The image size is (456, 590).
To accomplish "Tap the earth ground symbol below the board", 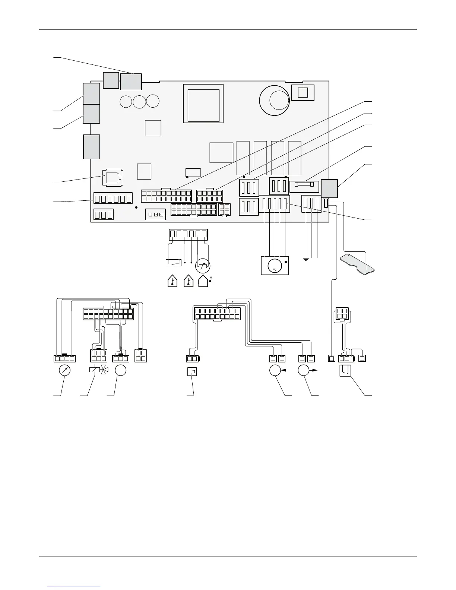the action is point(306,258).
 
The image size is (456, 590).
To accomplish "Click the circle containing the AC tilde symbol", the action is point(275,267).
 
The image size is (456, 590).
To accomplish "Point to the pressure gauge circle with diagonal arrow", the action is point(65,371).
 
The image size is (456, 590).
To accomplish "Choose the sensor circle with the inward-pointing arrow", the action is point(275,371).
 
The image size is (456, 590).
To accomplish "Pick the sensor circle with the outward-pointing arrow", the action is point(304,371).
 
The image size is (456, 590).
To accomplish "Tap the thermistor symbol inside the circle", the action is point(203,266).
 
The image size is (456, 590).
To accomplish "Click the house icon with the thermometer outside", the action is point(204,281).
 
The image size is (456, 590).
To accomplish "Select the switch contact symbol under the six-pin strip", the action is point(173,263).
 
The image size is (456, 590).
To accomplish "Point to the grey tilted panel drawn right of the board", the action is point(358,265).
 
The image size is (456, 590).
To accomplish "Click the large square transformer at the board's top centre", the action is point(203,103).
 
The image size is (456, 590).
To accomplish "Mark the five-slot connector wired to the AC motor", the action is point(275,204).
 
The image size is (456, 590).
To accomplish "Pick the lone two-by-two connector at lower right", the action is point(342,314).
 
